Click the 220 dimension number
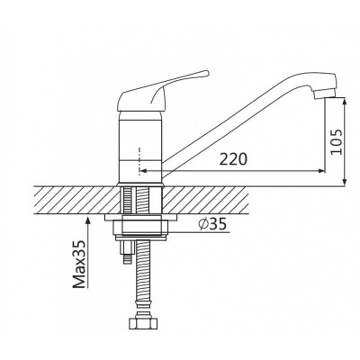tap(233, 159)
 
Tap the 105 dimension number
tap(337, 141)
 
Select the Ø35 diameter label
tap(212, 223)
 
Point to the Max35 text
tap(80, 264)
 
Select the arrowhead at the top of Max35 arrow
tap(87, 221)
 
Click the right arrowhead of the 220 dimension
tap(321, 171)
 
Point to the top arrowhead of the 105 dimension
tap(345, 102)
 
